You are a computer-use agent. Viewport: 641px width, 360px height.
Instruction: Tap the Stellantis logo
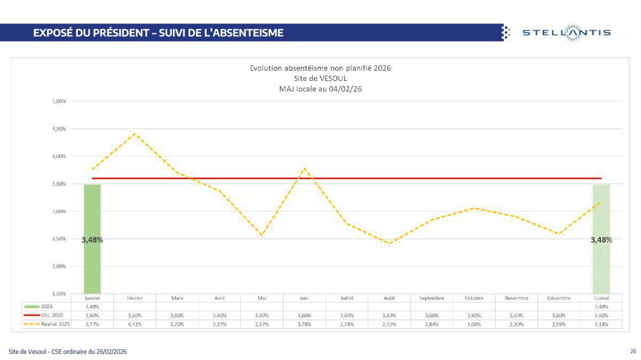click(x=566, y=33)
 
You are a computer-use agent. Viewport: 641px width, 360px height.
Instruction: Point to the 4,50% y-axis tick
click(x=59, y=129)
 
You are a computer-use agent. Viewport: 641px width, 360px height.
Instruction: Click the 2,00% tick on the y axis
click(x=59, y=266)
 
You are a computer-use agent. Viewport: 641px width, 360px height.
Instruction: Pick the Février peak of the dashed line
click(x=135, y=134)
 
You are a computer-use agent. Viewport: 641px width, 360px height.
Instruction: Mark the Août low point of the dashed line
click(x=389, y=243)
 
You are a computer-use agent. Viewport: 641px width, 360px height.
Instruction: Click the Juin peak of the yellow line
click(x=304, y=169)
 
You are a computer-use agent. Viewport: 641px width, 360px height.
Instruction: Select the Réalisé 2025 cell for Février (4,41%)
click(x=135, y=324)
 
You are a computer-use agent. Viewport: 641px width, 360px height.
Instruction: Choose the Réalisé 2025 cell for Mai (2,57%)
click(x=262, y=324)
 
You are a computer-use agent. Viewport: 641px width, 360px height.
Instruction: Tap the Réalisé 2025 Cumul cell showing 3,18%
click(x=601, y=324)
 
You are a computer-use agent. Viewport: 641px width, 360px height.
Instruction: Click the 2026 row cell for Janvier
click(x=92, y=307)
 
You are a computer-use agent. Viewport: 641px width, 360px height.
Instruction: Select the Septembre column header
click(x=432, y=298)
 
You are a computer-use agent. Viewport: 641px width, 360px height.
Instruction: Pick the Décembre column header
click(x=559, y=298)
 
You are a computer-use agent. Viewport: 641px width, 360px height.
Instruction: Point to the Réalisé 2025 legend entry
click(x=46, y=324)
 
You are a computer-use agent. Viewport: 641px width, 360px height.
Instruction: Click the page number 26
click(x=633, y=351)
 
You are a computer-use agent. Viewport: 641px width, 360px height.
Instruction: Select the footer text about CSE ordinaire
click(x=68, y=351)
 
